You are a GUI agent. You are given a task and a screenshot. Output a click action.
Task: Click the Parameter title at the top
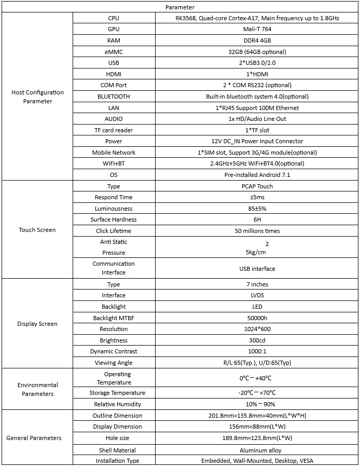pyautogui.click(x=180, y=7)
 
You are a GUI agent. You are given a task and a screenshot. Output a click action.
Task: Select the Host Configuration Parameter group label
pyautogui.click(x=37, y=97)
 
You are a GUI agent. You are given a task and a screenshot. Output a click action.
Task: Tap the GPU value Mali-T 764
pyautogui.click(x=257, y=29)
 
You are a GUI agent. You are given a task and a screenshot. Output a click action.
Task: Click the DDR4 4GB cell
pyautogui.click(x=257, y=40)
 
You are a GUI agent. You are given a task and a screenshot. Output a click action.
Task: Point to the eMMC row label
pyautogui.click(x=114, y=52)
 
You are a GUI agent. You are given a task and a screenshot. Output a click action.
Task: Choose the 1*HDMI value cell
pyautogui.click(x=257, y=74)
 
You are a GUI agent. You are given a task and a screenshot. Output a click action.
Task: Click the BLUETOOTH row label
pyautogui.click(x=114, y=97)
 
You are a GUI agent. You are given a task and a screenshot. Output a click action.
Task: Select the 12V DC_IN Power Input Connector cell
pyautogui.click(x=257, y=141)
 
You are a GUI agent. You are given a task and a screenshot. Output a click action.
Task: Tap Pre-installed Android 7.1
pyautogui.click(x=257, y=175)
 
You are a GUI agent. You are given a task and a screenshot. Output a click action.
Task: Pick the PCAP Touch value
pyautogui.click(x=257, y=186)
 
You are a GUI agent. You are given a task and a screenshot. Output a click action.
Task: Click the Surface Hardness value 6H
pyautogui.click(x=257, y=219)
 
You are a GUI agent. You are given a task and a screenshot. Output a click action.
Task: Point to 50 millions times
pyautogui.click(x=257, y=230)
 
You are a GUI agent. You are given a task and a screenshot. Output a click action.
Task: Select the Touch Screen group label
pyautogui.click(x=37, y=230)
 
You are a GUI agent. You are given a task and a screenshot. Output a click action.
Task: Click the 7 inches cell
pyautogui.click(x=257, y=284)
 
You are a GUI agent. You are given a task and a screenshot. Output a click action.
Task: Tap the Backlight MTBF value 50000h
pyautogui.click(x=257, y=318)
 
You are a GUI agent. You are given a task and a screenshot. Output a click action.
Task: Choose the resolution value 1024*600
pyautogui.click(x=257, y=329)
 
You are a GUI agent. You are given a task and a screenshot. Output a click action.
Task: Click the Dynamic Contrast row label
pyautogui.click(x=114, y=351)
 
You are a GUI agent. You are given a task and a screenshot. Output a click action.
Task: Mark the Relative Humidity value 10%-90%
pyautogui.click(x=257, y=404)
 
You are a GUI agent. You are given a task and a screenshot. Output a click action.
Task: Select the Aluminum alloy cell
pyautogui.click(x=257, y=450)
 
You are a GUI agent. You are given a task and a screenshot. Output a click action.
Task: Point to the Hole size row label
pyautogui.click(x=114, y=438)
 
